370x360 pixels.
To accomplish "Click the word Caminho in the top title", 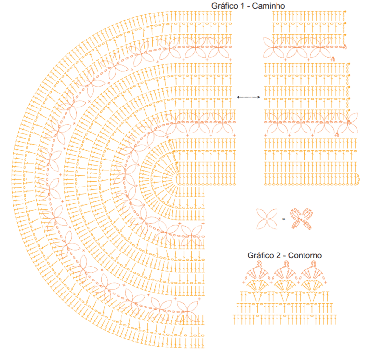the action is (x=268, y=6).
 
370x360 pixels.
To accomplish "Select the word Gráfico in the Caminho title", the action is (x=225, y=6).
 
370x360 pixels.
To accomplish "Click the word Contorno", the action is (x=305, y=255).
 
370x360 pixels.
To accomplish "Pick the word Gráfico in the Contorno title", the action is (x=261, y=255).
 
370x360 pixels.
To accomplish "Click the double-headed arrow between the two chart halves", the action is (x=248, y=97).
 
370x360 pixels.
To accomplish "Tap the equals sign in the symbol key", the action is (x=284, y=219).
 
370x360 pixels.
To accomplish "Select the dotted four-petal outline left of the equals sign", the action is (x=267, y=219).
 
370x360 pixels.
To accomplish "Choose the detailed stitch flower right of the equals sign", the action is (x=301, y=219).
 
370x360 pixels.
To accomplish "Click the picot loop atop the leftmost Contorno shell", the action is (x=259, y=264).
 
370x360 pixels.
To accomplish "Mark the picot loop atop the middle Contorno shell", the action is (x=286, y=264).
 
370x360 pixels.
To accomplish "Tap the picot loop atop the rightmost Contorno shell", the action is (x=313, y=264).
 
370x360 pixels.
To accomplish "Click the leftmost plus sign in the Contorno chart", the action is (x=244, y=282).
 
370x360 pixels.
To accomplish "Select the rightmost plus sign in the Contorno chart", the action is (x=326, y=282).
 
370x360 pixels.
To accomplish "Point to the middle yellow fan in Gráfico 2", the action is (x=285, y=285).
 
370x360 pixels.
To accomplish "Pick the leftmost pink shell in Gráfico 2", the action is (x=258, y=274).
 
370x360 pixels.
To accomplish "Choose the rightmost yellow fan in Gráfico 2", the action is (x=312, y=285).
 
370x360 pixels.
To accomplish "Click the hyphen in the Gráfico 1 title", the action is (x=248, y=7).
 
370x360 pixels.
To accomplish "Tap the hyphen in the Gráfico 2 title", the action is (x=284, y=256).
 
